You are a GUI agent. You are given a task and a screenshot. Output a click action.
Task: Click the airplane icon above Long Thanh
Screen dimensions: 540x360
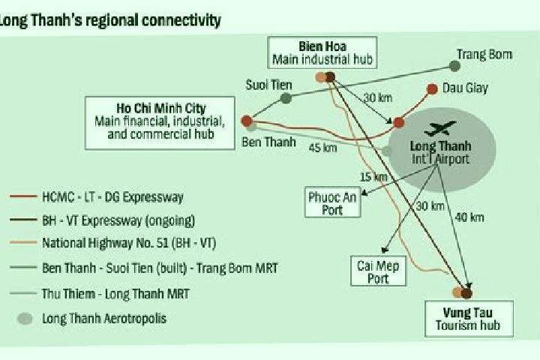coord(440,128)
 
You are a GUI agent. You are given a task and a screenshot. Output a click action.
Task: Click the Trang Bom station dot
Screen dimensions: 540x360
coord(455,66)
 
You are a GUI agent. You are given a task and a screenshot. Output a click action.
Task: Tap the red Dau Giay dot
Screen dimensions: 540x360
coord(432,89)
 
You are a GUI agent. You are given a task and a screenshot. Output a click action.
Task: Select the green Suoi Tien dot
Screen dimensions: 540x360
coord(286,98)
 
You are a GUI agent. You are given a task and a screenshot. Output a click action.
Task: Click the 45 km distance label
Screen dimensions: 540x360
coord(322,148)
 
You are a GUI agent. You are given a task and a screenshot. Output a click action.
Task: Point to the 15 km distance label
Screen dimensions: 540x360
coord(373,177)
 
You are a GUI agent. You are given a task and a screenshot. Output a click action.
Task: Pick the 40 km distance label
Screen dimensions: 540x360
coord(469,217)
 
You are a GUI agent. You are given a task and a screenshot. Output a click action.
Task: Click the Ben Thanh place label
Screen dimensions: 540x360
coord(268,142)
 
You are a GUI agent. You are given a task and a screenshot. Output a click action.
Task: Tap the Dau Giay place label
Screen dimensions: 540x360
coord(465,88)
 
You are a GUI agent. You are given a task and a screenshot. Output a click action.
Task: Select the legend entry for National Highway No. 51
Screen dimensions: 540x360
coord(113,243)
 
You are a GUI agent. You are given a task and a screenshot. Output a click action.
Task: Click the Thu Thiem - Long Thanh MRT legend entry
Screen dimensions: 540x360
coord(100,294)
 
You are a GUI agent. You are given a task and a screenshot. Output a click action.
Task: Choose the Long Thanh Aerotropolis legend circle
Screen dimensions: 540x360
coord(25,319)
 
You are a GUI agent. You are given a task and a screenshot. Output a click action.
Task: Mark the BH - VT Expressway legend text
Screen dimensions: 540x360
coord(118,220)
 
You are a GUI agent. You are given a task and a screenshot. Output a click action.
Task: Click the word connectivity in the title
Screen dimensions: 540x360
coord(181,20)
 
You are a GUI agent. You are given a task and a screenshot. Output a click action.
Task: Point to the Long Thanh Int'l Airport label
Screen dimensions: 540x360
coord(440,152)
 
